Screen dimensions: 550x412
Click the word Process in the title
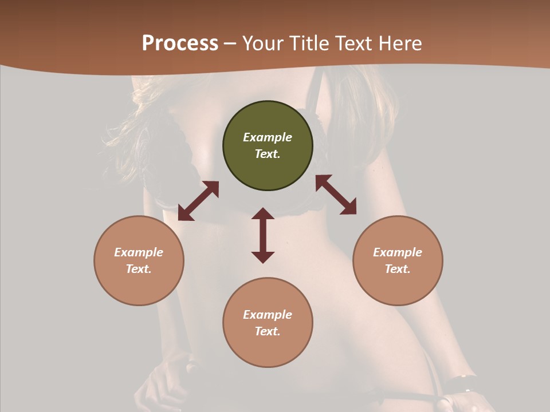pyautogui.click(x=180, y=43)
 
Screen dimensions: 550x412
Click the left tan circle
pyautogui.click(x=139, y=286)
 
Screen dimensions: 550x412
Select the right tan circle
pyautogui.click(x=398, y=286)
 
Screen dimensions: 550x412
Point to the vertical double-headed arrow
pyautogui.click(x=263, y=235)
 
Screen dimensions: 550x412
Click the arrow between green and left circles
pyautogui.click(x=198, y=201)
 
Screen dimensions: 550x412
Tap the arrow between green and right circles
pyautogui.click(x=336, y=195)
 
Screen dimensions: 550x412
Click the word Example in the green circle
pyautogui.click(x=268, y=137)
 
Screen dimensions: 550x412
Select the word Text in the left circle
pyautogui.click(x=139, y=269)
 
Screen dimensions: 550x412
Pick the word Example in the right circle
pyautogui.click(x=398, y=252)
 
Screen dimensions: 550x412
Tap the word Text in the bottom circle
pyautogui.click(x=268, y=331)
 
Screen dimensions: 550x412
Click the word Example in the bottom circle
pyautogui.click(x=268, y=315)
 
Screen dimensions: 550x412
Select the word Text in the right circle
pyautogui.click(x=398, y=269)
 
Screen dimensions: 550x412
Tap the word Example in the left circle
pyautogui.click(x=139, y=252)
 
